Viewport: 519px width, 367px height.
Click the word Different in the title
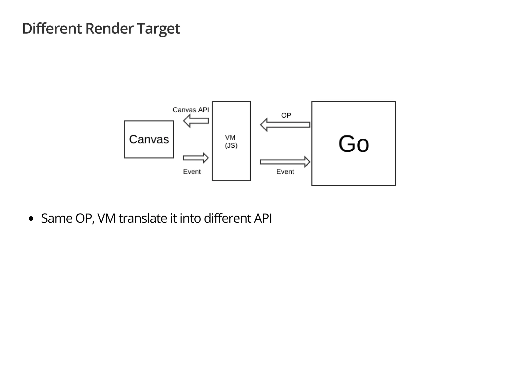52,28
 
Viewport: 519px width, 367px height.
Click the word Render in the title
109,28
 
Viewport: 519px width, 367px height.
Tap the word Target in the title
158,28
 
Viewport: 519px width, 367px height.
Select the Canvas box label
149,139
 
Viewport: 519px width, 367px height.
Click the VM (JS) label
231,142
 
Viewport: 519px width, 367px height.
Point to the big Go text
354,144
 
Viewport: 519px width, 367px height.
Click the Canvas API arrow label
191,110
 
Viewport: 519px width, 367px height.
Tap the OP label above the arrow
286,115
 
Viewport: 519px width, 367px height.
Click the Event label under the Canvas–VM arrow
192,172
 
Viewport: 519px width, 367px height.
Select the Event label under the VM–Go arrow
285,172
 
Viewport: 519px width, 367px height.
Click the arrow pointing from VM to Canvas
196,121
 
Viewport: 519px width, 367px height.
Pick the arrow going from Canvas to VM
196,158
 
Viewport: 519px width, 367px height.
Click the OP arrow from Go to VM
285,125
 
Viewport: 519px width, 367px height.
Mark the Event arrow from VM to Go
285,162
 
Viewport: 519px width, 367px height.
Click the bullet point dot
31,219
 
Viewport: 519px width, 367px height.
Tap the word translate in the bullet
142,218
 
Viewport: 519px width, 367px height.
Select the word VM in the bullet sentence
106,218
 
